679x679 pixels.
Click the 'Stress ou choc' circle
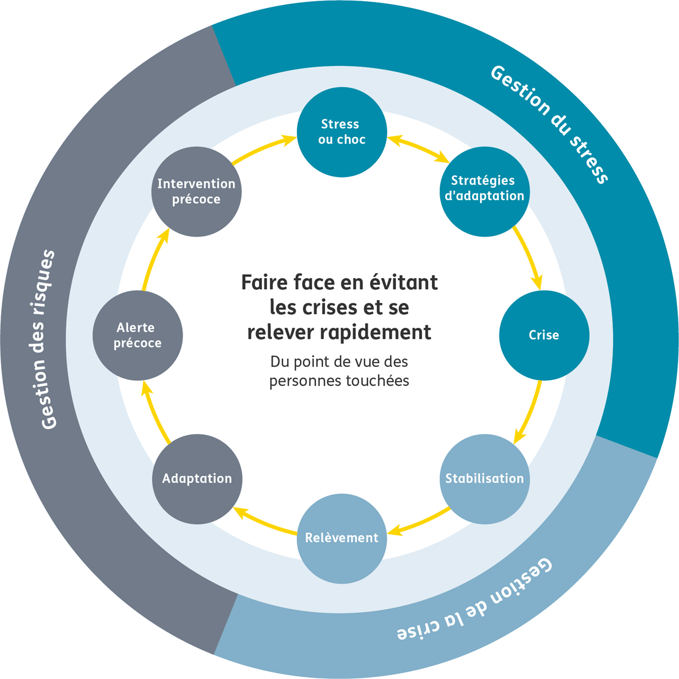coord(341,132)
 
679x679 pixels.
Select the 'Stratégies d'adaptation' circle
coord(484,191)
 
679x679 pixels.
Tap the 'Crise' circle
coord(544,335)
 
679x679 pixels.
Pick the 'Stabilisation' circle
coord(484,478)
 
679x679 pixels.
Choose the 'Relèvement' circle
coord(341,538)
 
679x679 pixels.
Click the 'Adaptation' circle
coord(197,478)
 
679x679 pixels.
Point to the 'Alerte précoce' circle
coord(137,335)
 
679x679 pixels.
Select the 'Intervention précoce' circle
coord(196,191)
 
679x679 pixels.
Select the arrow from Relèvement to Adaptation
coord(265,522)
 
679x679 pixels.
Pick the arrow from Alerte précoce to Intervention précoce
coord(153,259)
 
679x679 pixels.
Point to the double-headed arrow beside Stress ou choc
coord(418,149)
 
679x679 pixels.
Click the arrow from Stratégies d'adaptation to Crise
coord(528,257)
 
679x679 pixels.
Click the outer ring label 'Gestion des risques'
coord(49,339)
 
